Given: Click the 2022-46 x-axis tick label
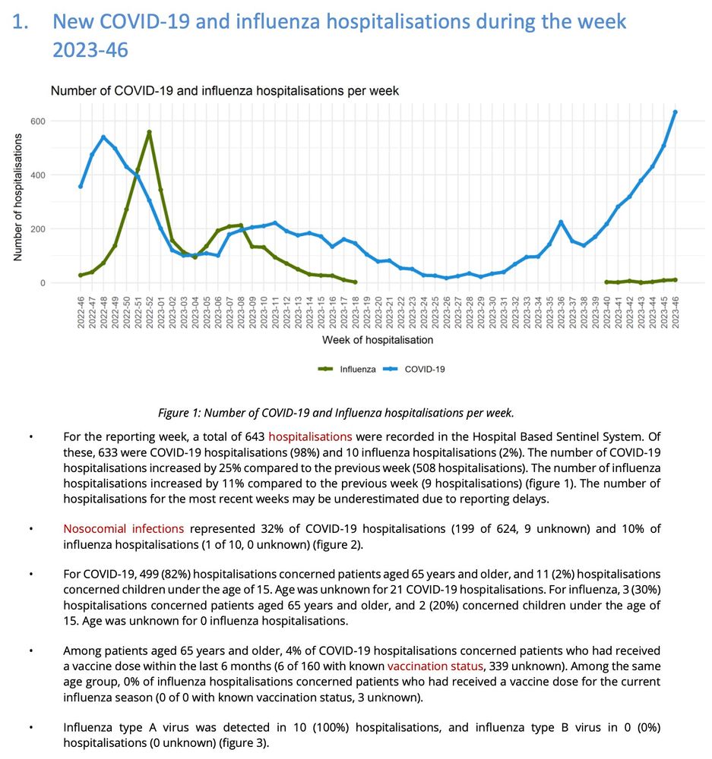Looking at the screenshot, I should tap(81, 309).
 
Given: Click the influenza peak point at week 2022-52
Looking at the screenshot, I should tap(149, 132).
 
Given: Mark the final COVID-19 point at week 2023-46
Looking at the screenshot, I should tap(675, 112).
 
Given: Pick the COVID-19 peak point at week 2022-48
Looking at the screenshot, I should tap(103, 137).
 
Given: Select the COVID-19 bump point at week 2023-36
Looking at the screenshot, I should tap(561, 222).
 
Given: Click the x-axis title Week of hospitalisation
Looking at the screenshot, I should tap(378, 340).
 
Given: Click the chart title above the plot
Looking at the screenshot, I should tap(224, 91).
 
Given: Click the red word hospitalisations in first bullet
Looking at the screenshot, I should tap(310, 437).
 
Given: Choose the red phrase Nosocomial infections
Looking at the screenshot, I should tap(123, 528).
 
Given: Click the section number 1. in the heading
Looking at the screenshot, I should tap(23, 21).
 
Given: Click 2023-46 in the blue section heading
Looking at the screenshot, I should tap(90, 50).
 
